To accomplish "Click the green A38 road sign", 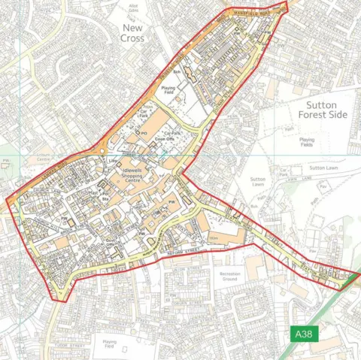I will [x=303, y=334].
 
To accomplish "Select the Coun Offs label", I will [x=165, y=139].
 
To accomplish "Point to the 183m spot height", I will [x=214, y=237].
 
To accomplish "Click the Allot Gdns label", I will [x=134, y=8].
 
